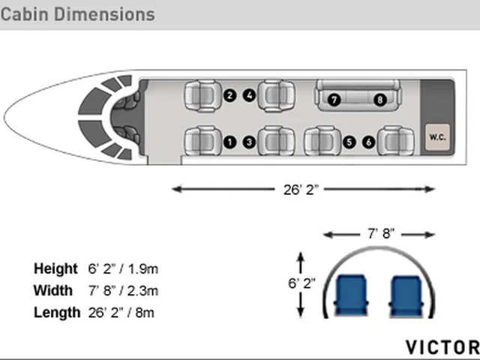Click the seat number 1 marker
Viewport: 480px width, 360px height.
[x=230, y=142]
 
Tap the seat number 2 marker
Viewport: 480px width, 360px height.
[x=230, y=95]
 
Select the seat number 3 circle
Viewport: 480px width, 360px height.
[x=250, y=142]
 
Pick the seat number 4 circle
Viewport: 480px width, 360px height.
[x=250, y=95]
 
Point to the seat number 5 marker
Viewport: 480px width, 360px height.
[x=349, y=142]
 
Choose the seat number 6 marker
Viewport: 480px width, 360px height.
[x=369, y=142]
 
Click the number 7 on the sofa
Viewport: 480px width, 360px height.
[x=334, y=100]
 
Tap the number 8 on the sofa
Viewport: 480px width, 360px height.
[x=380, y=100]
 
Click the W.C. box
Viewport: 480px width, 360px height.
[x=437, y=137]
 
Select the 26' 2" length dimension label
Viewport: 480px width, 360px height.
[x=301, y=190]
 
